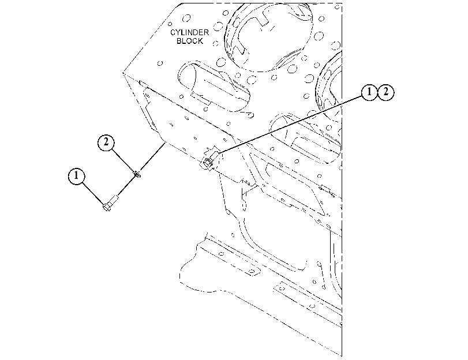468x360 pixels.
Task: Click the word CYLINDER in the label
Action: (x=189, y=32)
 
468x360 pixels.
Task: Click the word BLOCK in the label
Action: (x=190, y=41)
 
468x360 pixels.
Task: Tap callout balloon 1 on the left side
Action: (x=76, y=176)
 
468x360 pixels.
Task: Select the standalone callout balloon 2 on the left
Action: (x=106, y=142)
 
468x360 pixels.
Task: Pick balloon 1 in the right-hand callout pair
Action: (x=369, y=92)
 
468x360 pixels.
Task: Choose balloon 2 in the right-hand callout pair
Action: (x=386, y=92)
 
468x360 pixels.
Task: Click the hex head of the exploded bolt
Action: (x=107, y=207)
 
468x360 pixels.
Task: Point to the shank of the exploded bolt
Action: (x=114, y=200)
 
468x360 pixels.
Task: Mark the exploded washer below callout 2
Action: (x=137, y=173)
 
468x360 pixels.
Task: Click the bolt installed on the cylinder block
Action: (x=208, y=160)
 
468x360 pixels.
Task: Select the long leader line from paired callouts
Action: (x=290, y=125)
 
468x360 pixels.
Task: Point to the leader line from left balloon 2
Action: (x=123, y=160)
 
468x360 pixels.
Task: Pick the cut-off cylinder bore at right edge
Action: (x=328, y=89)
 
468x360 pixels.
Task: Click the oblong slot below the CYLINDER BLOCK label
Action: (x=214, y=87)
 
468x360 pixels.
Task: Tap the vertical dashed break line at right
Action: (x=342, y=179)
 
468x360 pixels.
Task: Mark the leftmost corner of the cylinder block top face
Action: (x=123, y=72)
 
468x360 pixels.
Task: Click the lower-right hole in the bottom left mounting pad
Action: (x=252, y=272)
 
